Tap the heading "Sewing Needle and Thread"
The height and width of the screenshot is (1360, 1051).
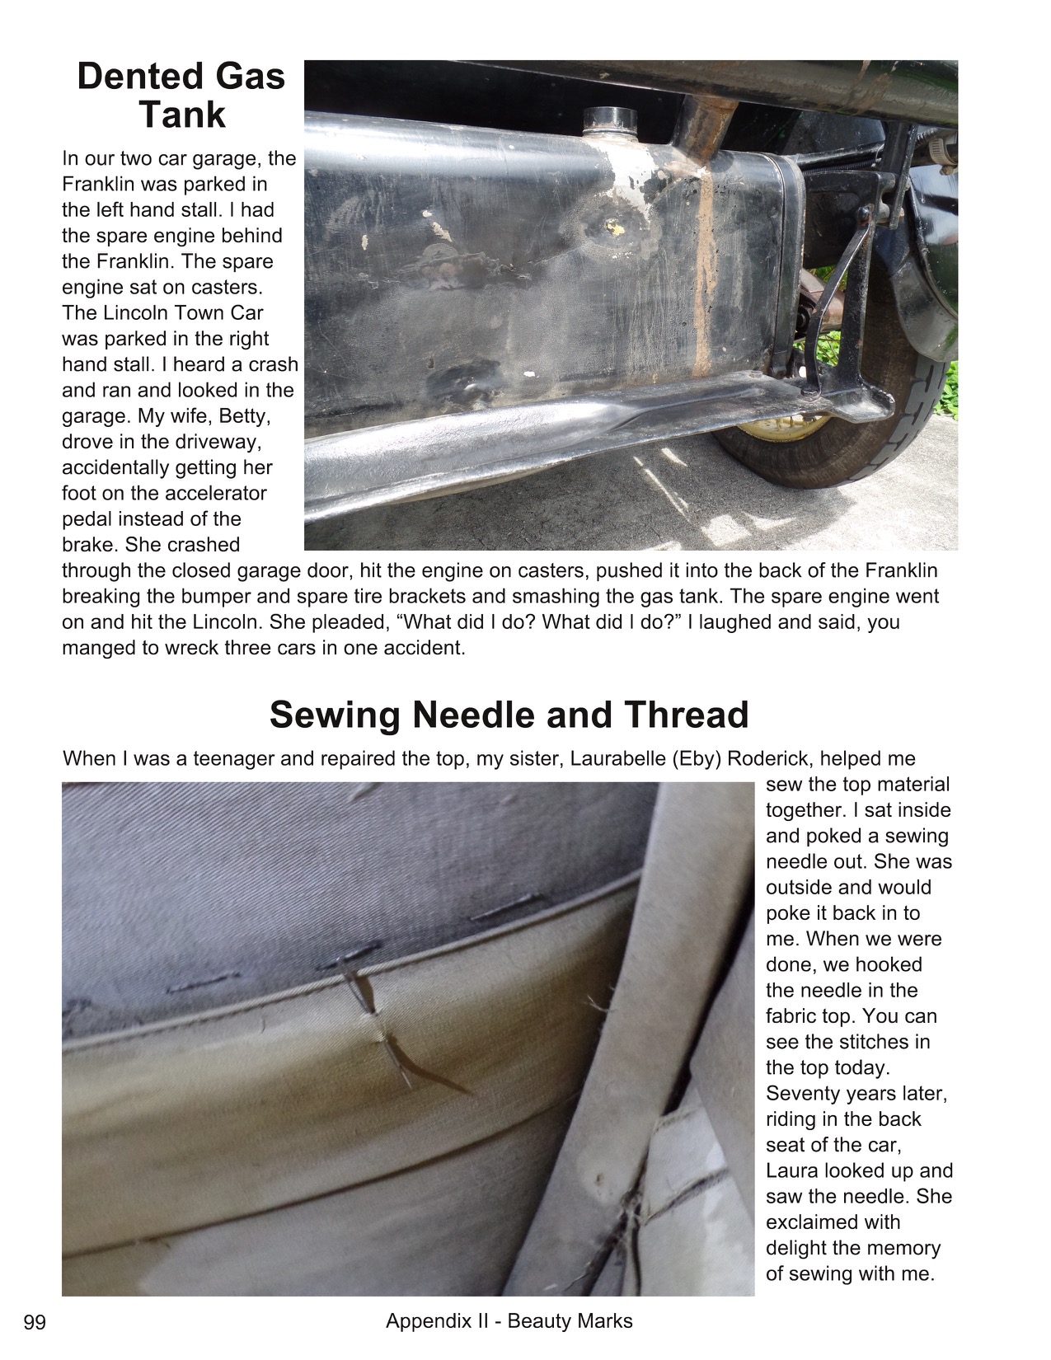point(509,715)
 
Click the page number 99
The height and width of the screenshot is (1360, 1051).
point(35,1323)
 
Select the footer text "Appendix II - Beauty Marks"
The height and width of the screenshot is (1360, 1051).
point(509,1321)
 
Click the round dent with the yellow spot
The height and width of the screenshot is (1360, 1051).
point(611,225)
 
